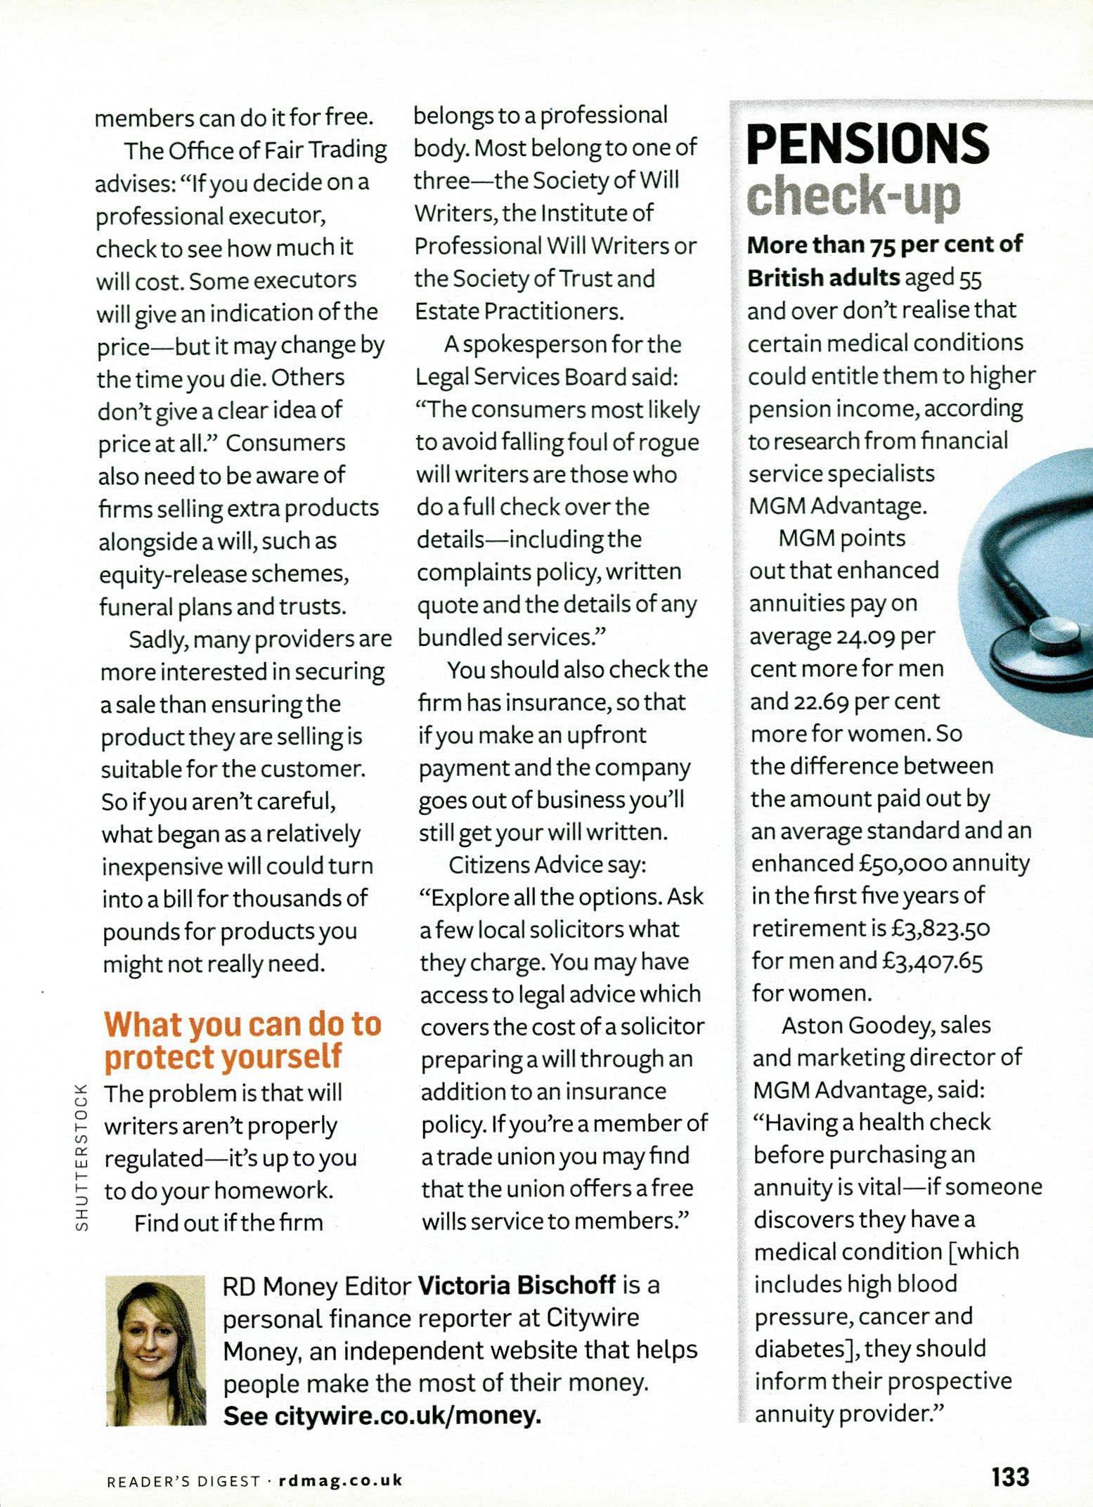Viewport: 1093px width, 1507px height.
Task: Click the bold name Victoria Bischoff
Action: [517, 1286]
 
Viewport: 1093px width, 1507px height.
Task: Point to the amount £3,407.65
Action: [932, 961]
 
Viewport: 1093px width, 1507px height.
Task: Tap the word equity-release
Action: [173, 575]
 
